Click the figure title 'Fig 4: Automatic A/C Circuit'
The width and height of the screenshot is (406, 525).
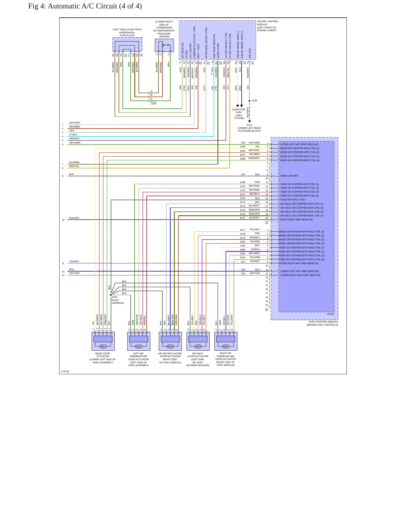(x=73, y=6)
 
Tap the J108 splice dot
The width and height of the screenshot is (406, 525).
(x=250, y=101)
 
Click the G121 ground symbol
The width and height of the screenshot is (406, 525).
(x=250, y=121)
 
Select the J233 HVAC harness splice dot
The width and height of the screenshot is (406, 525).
(x=111, y=295)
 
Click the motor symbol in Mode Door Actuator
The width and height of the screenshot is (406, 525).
(x=103, y=346)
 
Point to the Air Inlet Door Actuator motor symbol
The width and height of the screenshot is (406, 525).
(x=198, y=346)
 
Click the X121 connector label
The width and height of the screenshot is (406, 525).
(x=154, y=102)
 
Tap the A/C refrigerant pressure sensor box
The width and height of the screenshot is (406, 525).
(x=164, y=45)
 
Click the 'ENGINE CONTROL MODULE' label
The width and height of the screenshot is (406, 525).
(x=268, y=23)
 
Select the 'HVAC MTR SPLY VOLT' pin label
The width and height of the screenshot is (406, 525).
(x=293, y=200)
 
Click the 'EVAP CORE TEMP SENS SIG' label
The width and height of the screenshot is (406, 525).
(x=296, y=220)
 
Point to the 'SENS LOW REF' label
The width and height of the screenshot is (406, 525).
(x=289, y=176)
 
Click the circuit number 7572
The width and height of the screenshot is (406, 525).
(x=242, y=198)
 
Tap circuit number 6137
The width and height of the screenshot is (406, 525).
(x=242, y=218)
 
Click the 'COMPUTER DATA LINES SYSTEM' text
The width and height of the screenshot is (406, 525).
(x=239, y=114)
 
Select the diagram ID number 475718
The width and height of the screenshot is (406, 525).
(x=65, y=371)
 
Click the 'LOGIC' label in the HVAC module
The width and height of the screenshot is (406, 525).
(x=330, y=314)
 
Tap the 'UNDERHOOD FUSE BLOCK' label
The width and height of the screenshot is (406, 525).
(x=127, y=34)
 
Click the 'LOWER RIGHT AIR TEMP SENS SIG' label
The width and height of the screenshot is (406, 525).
(x=300, y=275)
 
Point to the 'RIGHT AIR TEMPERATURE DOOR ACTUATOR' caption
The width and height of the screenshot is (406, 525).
(x=225, y=359)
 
